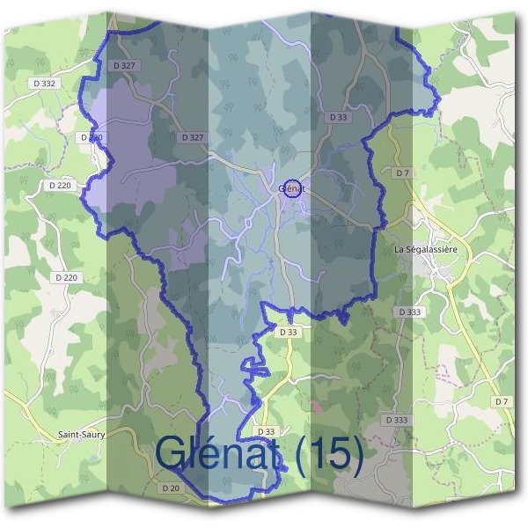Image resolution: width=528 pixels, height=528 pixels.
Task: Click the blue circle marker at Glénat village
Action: pyautogui.click(x=294, y=188)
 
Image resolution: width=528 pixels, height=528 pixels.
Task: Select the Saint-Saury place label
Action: pyautogui.click(x=80, y=435)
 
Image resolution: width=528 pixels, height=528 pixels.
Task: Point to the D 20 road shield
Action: pyautogui.click(x=171, y=488)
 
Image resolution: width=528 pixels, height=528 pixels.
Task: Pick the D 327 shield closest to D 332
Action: pyautogui.click(x=124, y=66)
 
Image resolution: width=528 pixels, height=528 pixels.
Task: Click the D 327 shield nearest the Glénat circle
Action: pyautogui.click(x=192, y=137)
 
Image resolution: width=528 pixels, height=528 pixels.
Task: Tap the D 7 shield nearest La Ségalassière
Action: pyautogui.click(x=403, y=173)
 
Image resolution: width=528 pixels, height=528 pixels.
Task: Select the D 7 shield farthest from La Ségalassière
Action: pyautogui.click(x=502, y=401)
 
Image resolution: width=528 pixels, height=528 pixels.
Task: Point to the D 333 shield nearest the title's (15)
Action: pyautogui.click(x=397, y=420)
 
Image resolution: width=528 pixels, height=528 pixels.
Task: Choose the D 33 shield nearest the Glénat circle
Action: pyautogui.click(x=337, y=116)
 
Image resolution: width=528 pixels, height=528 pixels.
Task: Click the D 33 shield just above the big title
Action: pyautogui.click(x=267, y=431)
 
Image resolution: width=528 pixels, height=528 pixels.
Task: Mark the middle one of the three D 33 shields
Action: pyautogui.click(x=289, y=332)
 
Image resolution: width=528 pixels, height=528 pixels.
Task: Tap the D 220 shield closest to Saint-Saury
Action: pyautogui.click(x=66, y=277)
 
